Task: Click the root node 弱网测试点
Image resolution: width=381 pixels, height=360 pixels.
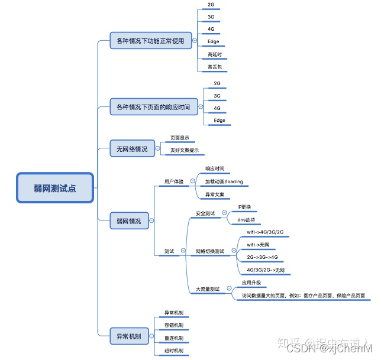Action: coord(55,188)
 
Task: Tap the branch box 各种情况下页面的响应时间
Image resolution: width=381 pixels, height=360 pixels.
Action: coord(153,108)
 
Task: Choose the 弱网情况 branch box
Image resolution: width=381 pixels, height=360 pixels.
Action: coord(128,221)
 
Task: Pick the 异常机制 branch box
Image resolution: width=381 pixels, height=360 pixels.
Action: coord(128,336)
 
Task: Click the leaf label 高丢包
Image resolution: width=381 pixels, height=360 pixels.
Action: coord(214,67)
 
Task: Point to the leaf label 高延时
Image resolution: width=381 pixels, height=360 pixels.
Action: coord(214,54)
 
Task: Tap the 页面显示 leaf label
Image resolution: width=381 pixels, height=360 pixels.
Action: coord(180,138)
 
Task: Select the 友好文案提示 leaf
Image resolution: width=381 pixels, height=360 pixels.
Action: coord(185,150)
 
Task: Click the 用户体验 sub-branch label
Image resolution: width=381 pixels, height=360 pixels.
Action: coord(173,181)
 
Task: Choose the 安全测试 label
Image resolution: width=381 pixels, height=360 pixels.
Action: coord(205,213)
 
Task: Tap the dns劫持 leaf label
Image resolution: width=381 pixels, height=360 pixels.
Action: coord(246,219)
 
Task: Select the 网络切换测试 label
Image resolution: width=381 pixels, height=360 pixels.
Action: coord(210,251)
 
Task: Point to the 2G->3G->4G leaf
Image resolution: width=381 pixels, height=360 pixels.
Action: coord(262,257)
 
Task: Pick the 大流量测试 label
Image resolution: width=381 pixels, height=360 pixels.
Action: coord(208,289)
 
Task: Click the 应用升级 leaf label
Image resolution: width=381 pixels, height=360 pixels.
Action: coord(251,283)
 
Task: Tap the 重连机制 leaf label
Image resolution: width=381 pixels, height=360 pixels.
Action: coord(173,338)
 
